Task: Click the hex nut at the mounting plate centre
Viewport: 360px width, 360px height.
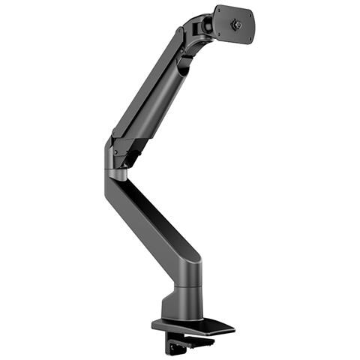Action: (x=238, y=23)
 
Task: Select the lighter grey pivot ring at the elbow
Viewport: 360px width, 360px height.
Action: (x=117, y=175)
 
